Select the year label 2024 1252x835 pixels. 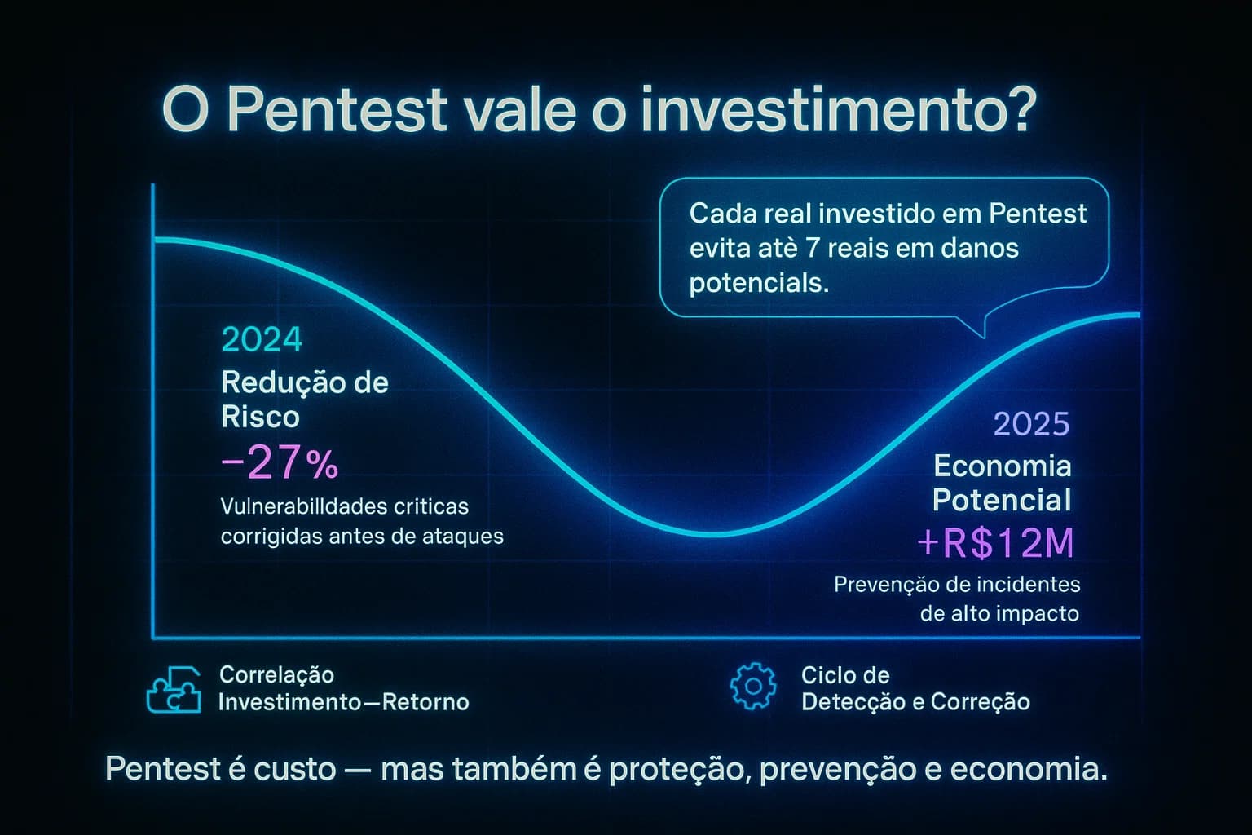pos(262,340)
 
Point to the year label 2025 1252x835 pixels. pos(1031,424)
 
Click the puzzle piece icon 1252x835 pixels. pos(174,690)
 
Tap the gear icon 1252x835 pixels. pos(753,687)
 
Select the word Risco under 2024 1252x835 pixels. pos(260,417)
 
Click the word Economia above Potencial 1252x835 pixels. pos(1002,466)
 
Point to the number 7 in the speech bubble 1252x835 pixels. pos(811,248)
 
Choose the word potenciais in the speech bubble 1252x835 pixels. pos(759,283)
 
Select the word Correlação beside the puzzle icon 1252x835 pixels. pos(276,675)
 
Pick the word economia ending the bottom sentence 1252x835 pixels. pos(1028,769)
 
